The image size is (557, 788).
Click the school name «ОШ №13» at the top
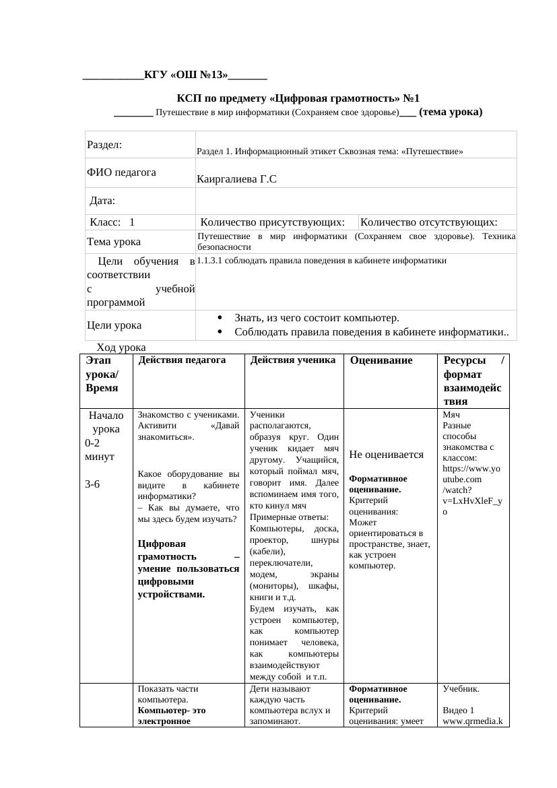[x=201, y=75]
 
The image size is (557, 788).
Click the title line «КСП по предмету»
[x=298, y=98]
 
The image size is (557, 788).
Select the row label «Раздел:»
[x=104, y=145]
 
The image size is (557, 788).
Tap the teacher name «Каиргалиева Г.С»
[x=237, y=179]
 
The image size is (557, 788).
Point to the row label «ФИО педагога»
[x=121, y=172]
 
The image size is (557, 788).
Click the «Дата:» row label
[x=102, y=201]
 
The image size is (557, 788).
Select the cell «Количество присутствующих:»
[x=277, y=222]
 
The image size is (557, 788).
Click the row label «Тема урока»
[x=114, y=241]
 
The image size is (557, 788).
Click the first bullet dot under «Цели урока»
[x=221, y=318]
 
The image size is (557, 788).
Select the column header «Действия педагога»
[x=181, y=360]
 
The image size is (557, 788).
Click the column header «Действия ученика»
[x=293, y=360]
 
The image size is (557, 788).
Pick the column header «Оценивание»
[x=381, y=361]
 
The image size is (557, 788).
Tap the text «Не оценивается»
[x=387, y=455]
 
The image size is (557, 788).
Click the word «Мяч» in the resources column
[x=450, y=415]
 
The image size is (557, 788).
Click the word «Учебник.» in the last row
[x=461, y=690]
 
